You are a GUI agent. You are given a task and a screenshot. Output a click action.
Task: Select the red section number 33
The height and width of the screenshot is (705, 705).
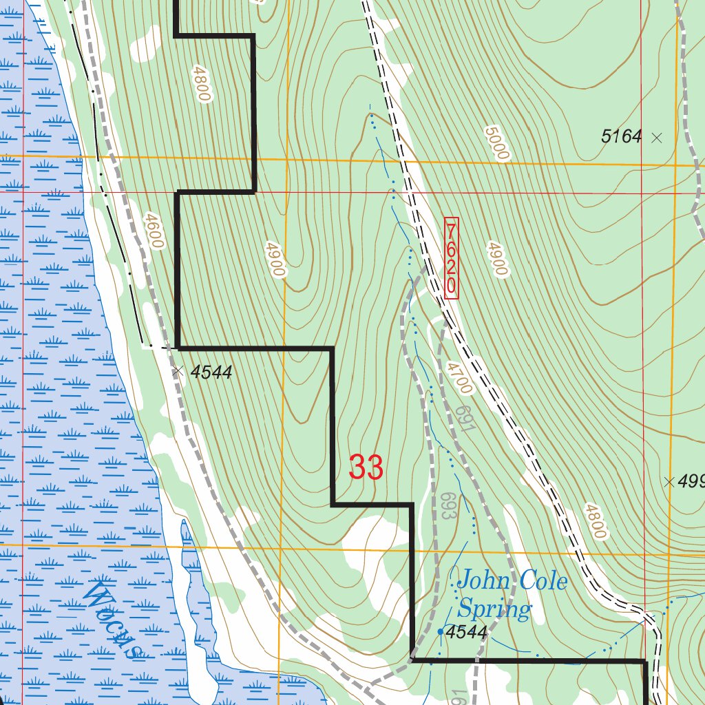tap(366, 468)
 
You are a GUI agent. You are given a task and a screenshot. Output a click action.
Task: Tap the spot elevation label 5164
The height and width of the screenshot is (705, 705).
tap(621, 136)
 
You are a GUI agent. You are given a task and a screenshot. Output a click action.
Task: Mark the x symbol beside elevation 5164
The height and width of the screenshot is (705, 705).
tap(656, 138)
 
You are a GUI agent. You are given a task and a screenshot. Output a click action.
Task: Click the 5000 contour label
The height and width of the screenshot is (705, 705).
tap(496, 143)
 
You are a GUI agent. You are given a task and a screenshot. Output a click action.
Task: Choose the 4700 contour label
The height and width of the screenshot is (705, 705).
tap(459, 377)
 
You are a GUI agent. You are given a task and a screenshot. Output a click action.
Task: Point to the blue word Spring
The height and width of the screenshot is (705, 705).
tap(494, 609)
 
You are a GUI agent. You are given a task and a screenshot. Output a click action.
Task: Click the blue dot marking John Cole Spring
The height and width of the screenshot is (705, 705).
tap(441, 631)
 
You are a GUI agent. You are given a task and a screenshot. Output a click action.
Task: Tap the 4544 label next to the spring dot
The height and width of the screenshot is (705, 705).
tap(467, 631)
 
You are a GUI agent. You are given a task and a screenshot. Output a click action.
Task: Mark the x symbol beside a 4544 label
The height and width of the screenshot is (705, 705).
tap(178, 371)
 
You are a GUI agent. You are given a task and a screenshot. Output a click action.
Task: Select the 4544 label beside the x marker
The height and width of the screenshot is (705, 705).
tap(211, 372)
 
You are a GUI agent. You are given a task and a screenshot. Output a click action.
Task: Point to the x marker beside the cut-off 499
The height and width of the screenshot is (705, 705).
tap(668, 482)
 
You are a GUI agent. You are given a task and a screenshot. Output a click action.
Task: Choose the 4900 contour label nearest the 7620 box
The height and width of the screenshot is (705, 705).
tap(496, 258)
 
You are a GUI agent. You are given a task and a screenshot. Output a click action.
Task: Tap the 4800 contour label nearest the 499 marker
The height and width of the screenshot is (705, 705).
tap(596, 521)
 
